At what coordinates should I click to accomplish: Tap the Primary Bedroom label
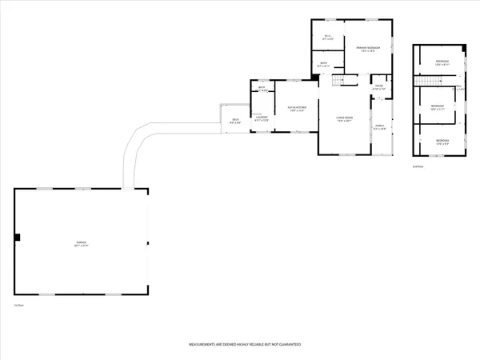coord(367,50)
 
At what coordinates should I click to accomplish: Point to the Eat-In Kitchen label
coord(298,110)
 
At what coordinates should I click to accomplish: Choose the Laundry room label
coord(261,119)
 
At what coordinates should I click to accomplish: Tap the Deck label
coord(234,122)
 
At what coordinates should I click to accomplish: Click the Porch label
coord(379,127)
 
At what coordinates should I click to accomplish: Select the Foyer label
coord(379,86)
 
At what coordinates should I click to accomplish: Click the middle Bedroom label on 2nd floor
coord(437,107)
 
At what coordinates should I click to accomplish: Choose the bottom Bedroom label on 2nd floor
coord(441,142)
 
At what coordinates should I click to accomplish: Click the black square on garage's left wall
coord(18,237)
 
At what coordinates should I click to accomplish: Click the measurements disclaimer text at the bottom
coord(244,345)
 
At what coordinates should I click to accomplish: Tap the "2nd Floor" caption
coord(418,167)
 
